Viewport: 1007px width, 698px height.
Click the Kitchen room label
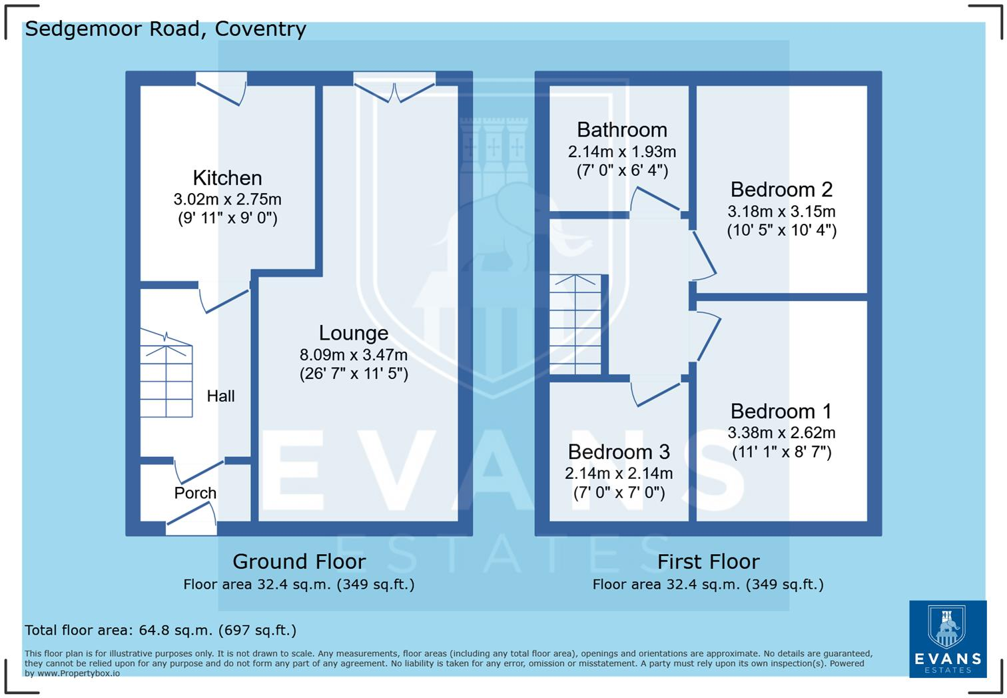point(227,178)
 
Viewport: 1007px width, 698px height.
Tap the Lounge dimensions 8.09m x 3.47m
point(354,354)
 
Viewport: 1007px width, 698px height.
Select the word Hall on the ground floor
point(220,396)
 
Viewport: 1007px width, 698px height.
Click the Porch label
point(195,493)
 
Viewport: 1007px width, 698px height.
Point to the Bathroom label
point(622,130)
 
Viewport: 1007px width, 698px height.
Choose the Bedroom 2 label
point(781,189)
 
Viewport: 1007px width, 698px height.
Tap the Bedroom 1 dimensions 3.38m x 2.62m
point(781,432)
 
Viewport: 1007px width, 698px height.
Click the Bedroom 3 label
point(619,452)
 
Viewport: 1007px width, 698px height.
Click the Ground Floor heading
point(300,562)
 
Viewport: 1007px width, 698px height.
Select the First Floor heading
point(709,562)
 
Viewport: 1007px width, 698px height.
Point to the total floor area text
point(161,630)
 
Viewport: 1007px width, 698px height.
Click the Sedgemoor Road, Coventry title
point(165,29)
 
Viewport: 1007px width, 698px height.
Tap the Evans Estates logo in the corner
point(948,639)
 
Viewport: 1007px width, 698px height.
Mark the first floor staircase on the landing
point(575,324)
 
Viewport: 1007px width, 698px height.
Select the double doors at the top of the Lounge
point(394,89)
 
